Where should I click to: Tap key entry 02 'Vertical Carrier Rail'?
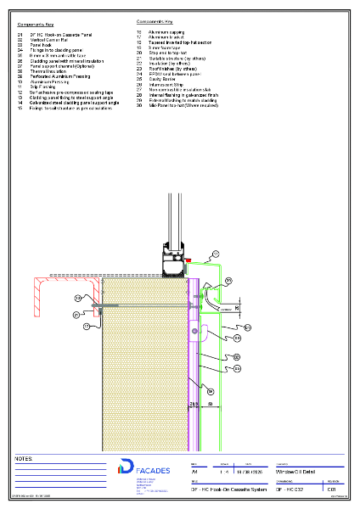(x=49, y=41)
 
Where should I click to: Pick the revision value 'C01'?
(x=333, y=490)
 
